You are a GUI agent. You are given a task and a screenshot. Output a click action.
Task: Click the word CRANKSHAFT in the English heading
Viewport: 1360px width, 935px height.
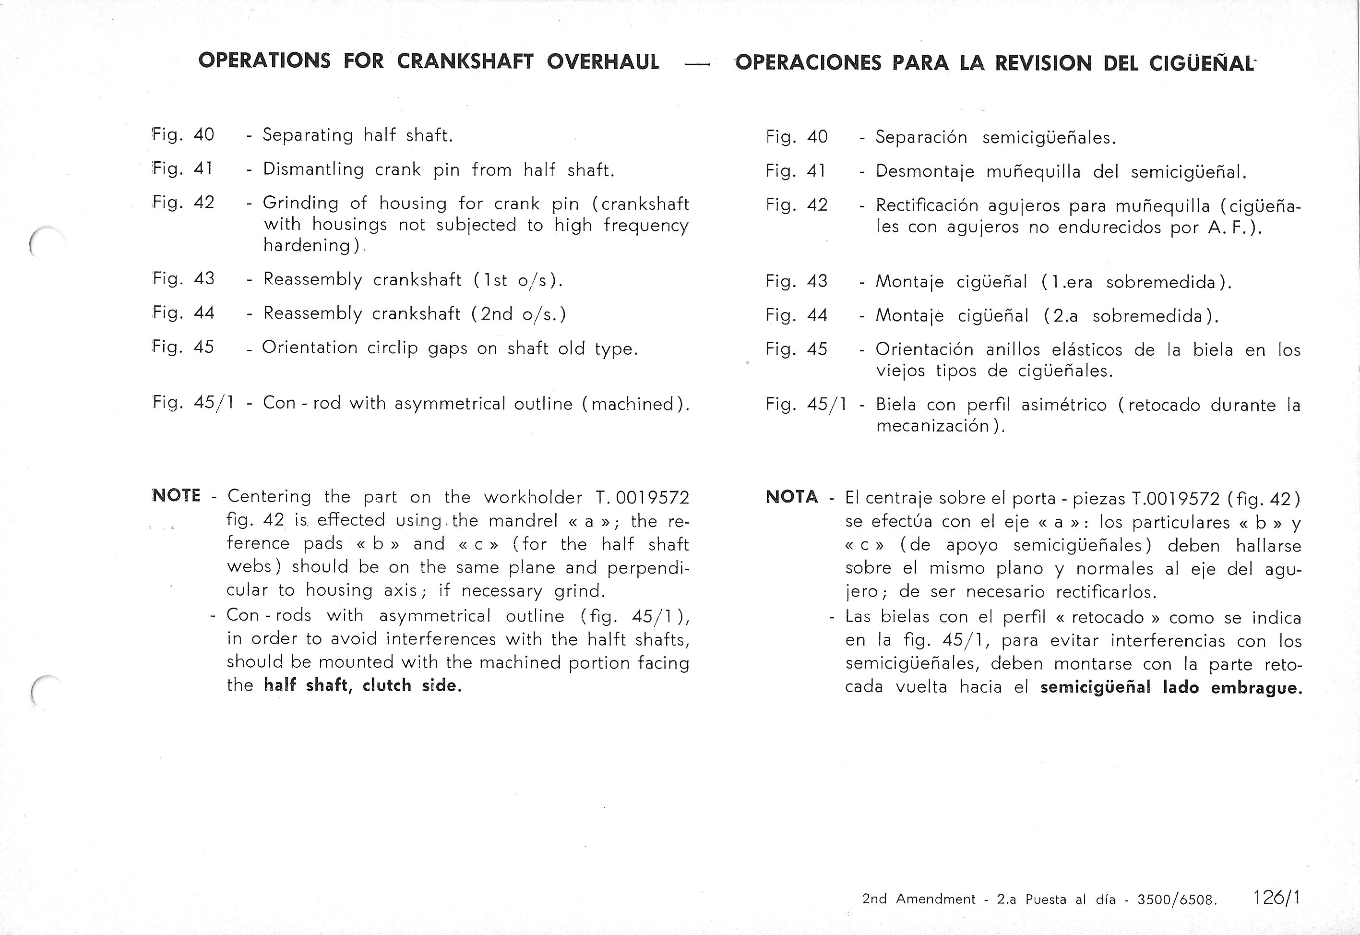tap(465, 61)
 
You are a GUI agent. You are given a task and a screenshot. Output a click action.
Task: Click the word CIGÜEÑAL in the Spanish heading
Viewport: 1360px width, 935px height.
tap(1202, 63)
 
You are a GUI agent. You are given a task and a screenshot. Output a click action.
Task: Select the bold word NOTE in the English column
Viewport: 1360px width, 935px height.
tap(176, 496)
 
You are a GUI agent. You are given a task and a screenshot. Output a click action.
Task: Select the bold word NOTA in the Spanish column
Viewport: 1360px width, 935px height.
tap(792, 497)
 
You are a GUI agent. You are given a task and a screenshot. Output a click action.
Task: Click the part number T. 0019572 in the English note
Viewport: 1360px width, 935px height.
tap(642, 497)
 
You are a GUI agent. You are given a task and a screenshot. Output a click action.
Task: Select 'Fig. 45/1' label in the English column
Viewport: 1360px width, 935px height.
tap(193, 403)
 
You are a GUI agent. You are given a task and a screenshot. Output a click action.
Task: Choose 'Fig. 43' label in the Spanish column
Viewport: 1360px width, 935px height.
tap(796, 282)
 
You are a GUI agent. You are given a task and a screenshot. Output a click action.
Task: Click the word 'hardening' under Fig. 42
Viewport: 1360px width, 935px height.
tap(307, 245)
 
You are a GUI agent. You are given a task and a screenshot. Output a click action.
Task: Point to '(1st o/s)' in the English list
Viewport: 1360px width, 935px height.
tap(518, 280)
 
